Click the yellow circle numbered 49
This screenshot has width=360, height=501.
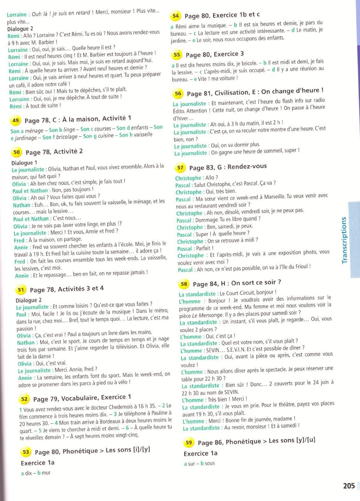tap(16, 120)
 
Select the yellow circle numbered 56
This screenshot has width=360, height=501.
tap(178, 94)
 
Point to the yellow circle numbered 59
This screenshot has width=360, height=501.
tap(189, 442)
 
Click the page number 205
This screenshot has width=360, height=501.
tap(349, 486)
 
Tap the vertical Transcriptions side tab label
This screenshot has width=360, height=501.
tap(344, 240)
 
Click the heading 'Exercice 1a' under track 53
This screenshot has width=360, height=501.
tap(38, 463)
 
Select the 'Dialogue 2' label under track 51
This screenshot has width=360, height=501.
tap(29, 300)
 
